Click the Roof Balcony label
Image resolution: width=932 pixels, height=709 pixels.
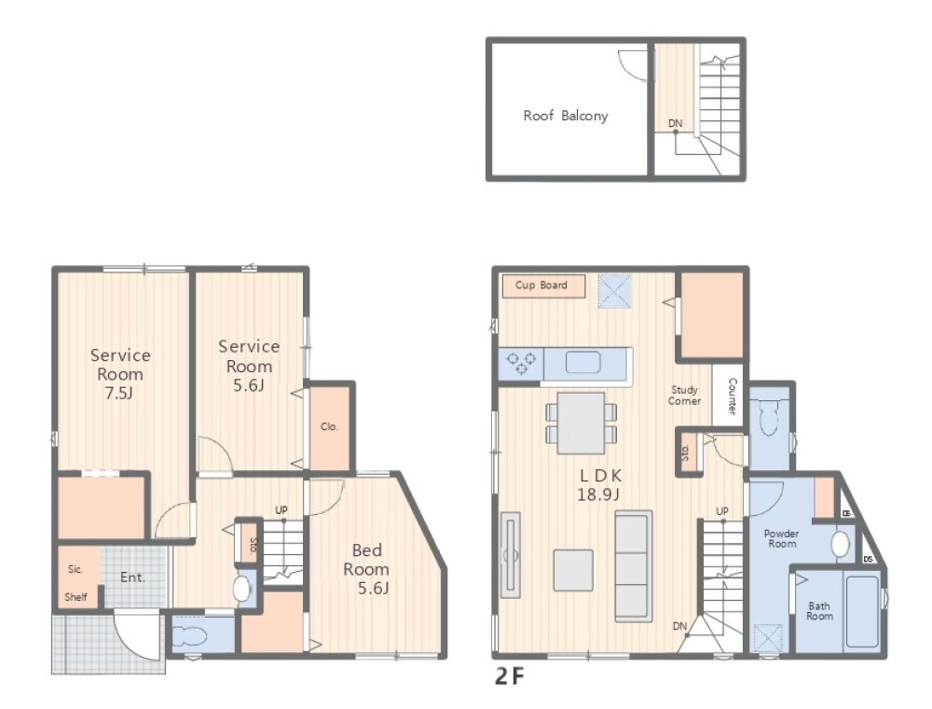coord(566,116)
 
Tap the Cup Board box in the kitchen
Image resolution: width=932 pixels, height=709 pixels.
coord(544,285)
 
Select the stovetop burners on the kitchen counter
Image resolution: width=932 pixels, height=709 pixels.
coord(521,364)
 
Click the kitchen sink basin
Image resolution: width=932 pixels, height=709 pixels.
coord(582,362)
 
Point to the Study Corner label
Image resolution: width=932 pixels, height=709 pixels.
coord(684,396)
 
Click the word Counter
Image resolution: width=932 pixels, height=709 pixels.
coord(733,396)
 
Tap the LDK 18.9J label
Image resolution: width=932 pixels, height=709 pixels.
coord(599,484)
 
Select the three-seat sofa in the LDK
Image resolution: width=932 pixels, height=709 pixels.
coord(634,566)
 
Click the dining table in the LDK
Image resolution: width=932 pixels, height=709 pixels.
coord(581,423)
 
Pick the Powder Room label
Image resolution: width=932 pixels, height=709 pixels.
coord(782,538)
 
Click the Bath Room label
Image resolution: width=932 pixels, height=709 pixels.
coord(819,611)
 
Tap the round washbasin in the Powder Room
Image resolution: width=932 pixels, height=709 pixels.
coord(840,544)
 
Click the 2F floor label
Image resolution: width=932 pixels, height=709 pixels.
coord(510,676)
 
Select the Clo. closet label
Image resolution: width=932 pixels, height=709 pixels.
coord(329,426)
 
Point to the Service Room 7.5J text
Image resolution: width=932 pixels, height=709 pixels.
coord(120,374)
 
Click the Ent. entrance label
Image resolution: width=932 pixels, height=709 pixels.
coord(132,577)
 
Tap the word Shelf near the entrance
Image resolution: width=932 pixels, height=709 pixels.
coord(76,596)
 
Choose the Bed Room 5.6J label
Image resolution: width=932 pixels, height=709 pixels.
coord(366,569)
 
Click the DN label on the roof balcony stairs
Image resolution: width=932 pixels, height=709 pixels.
coord(675,124)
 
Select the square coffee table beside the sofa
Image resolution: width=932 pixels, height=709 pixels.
coord(573,570)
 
